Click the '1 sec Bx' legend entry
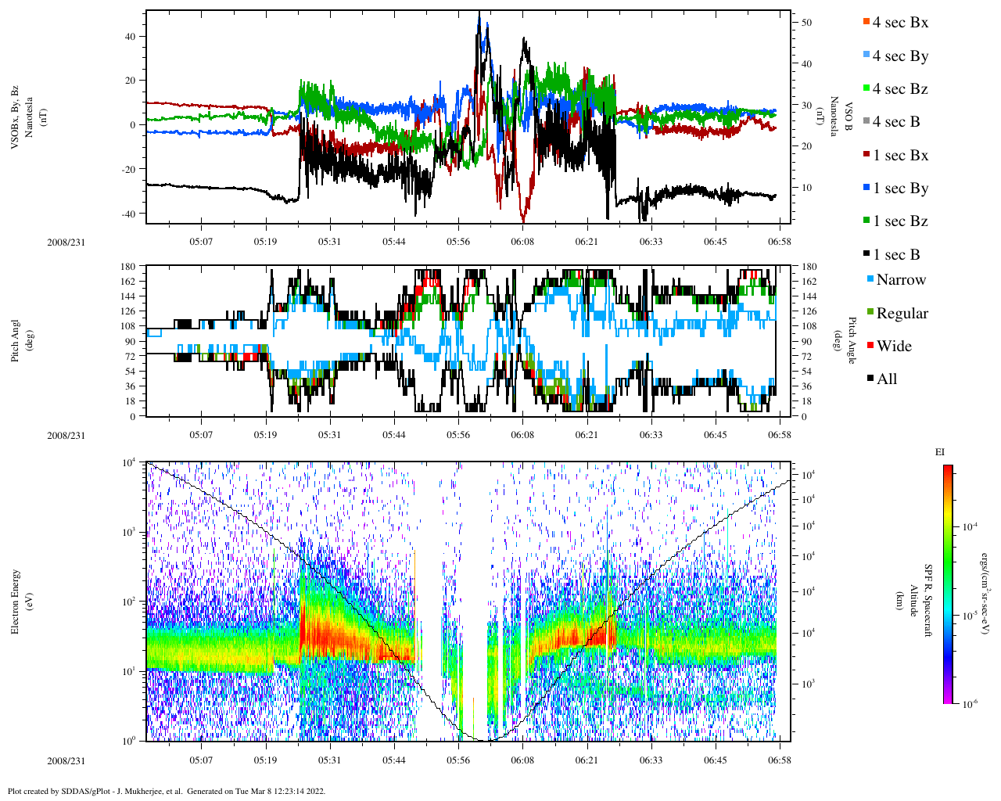point(900,156)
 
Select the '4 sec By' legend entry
point(900,56)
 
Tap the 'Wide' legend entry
point(894,347)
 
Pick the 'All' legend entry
point(887,379)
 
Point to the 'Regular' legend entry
point(902,314)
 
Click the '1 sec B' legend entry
point(896,255)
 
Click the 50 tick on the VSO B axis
point(806,23)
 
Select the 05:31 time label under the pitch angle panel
point(329,436)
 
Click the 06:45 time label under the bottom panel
point(716,760)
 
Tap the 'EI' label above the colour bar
point(940,452)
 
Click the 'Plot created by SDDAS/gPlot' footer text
point(166,792)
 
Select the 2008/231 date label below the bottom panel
point(66,760)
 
